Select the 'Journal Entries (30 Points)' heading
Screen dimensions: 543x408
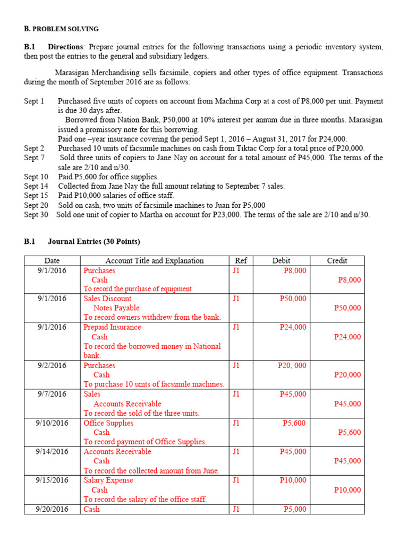tap(94, 241)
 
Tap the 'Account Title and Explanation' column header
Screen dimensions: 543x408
tap(155, 260)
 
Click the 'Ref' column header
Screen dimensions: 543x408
tap(241, 260)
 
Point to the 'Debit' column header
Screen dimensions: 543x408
tap(282, 260)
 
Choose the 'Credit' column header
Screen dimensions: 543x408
tap(337, 260)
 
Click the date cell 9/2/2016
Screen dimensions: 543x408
tap(52, 365)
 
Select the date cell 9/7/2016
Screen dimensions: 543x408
tap(52, 394)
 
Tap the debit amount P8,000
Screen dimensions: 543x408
tap(295, 270)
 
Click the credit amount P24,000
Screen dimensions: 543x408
tap(347, 337)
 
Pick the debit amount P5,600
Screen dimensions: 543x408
tap(295, 423)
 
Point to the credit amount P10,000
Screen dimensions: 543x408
tap(347, 490)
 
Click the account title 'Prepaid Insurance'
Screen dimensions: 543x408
tap(112, 327)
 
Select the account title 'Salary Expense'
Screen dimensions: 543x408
tap(108, 480)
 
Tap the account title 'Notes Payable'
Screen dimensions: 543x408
tap(116, 308)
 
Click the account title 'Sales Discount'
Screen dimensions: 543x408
tap(107, 299)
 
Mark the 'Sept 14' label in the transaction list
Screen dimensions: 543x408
tap(36, 186)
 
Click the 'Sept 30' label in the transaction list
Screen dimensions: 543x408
tap(36, 215)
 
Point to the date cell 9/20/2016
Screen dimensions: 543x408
tap(52, 509)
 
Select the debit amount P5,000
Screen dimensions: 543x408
tap(295, 509)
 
